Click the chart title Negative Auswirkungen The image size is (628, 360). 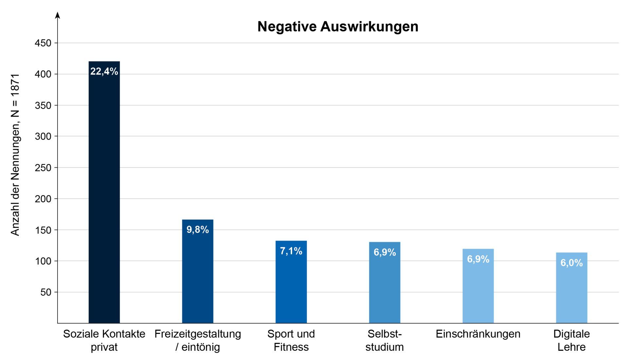pos(338,26)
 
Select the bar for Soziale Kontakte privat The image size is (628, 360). pos(104,196)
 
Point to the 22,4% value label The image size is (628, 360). pos(104,71)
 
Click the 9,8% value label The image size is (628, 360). pos(198,230)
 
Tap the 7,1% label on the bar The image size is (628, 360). pos(291,251)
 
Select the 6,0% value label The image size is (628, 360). pos(571,263)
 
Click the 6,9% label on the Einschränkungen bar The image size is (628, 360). pos(478,259)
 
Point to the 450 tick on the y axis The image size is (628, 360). pos(43,43)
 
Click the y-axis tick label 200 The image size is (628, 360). pos(43,199)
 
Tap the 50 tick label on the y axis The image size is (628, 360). pos(46,292)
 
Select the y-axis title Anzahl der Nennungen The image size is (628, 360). pos(15,154)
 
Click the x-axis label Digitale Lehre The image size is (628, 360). pos(571,340)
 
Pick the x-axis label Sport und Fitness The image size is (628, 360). pos(291,340)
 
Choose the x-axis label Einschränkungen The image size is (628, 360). pos(478,334)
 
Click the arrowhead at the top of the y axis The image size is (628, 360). pos(58,15)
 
